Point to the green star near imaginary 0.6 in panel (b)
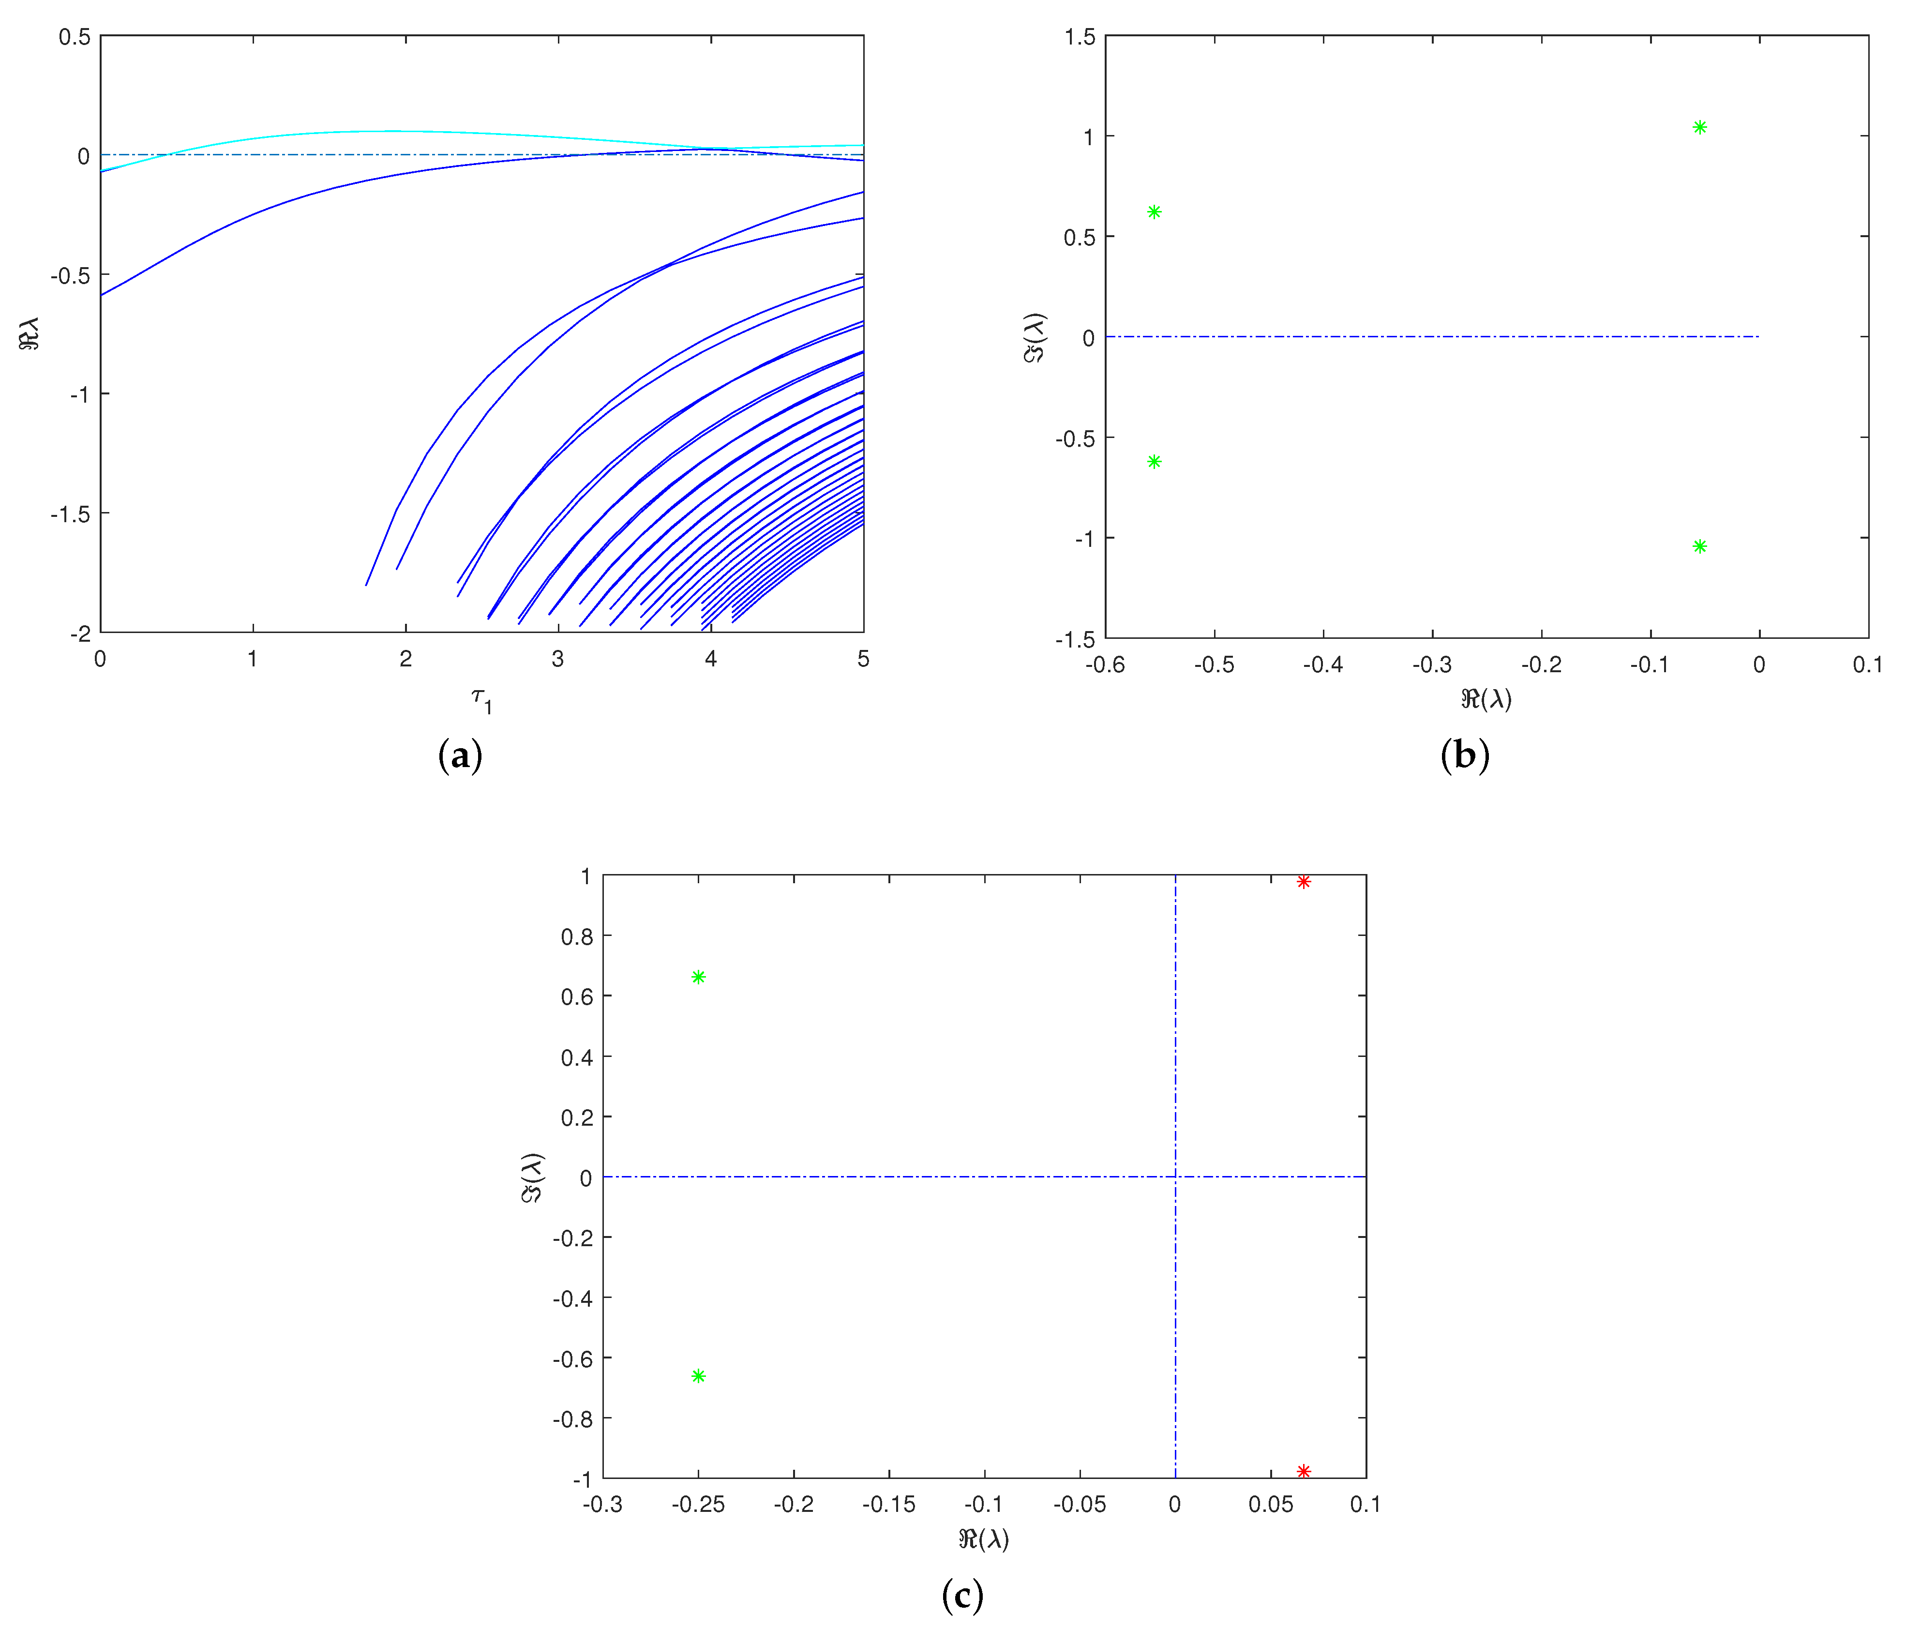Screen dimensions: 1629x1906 pyautogui.click(x=1155, y=211)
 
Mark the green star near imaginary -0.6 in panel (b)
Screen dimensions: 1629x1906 pyautogui.click(x=1155, y=462)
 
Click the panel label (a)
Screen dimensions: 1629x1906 pyautogui.click(x=460, y=756)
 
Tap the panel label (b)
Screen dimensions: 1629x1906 pyautogui.click(x=1464, y=756)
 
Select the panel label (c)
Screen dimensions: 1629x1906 pyautogui.click(x=962, y=1595)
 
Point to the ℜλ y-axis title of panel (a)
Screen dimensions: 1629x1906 pyautogui.click(x=30, y=333)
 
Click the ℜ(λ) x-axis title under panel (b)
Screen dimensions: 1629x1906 pyautogui.click(x=1486, y=699)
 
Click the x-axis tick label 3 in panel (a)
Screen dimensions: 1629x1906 pyautogui.click(x=557, y=659)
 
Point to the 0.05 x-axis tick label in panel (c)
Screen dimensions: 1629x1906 pyautogui.click(x=1270, y=1505)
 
